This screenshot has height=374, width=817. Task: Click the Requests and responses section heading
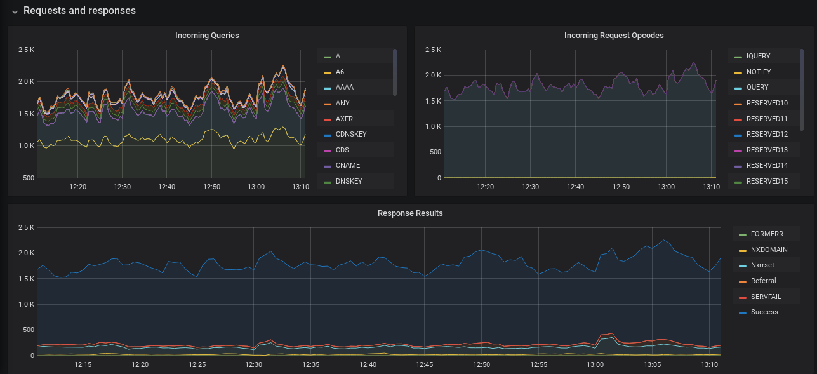click(79, 11)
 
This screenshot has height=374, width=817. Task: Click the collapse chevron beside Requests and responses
click(15, 11)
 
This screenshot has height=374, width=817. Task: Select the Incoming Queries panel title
click(207, 36)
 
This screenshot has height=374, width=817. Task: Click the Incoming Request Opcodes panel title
click(614, 36)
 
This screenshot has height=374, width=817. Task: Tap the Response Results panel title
click(410, 213)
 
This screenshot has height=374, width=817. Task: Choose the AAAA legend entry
click(345, 88)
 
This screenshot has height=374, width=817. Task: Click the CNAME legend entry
click(347, 166)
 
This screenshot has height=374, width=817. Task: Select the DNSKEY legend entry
click(349, 181)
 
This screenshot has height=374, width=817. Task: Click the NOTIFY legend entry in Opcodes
click(758, 72)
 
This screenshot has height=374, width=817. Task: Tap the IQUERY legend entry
click(758, 57)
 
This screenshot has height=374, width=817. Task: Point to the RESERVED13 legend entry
click(767, 150)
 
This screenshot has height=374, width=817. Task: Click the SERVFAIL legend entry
click(766, 297)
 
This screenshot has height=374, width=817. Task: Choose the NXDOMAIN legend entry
click(769, 250)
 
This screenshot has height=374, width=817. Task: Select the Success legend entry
click(764, 312)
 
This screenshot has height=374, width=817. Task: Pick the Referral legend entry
click(763, 281)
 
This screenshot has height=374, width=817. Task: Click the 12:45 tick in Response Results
click(425, 365)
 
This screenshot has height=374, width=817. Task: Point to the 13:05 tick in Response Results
click(653, 365)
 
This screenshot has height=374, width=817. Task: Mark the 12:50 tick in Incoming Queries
click(211, 187)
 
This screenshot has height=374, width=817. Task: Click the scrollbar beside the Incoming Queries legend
click(395, 72)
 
